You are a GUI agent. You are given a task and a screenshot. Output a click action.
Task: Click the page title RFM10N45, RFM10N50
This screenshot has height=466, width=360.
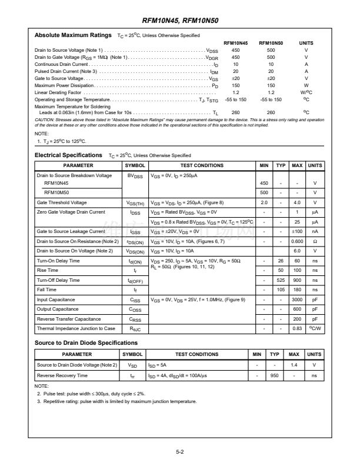click(x=180, y=19)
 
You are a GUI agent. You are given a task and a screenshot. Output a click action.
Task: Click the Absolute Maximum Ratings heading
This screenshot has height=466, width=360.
click(x=73, y=35)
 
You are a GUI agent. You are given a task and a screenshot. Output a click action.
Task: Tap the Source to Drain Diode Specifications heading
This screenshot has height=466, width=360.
click(x=86, y=342)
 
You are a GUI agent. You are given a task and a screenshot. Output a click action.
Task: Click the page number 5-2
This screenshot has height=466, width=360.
click(x=180, y=452)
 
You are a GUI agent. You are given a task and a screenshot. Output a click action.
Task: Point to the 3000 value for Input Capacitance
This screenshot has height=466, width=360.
click(x=298, y=299)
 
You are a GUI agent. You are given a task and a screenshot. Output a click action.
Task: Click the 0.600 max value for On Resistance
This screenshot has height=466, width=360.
click(x=298, y=241)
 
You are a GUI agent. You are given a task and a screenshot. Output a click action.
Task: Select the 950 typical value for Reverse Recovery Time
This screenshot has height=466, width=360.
click(x=274, y=375)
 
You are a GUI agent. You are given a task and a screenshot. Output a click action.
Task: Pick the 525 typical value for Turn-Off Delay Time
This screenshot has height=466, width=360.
click(x=281, y=280)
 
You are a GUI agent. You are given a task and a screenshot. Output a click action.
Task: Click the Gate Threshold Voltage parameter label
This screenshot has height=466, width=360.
click(x=62, y=202)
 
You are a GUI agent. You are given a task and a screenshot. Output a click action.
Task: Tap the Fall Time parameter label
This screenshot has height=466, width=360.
click(x=47, y=290)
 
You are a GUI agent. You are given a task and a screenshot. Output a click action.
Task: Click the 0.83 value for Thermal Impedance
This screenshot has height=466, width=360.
click(x=298, y=328)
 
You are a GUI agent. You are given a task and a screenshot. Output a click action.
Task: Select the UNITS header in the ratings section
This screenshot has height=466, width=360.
click(x=306, y=44)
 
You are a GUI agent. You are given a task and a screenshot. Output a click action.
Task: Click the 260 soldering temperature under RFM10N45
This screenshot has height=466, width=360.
click(x=235, y=112)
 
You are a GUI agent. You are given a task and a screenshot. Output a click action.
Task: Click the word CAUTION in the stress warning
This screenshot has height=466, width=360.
click(x=45, y=119)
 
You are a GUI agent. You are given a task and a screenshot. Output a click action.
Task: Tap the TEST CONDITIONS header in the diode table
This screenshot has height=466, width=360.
click(x=197, y=355)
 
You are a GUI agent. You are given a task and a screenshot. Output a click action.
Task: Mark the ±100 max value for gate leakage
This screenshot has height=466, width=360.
click(x=298, y=232)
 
